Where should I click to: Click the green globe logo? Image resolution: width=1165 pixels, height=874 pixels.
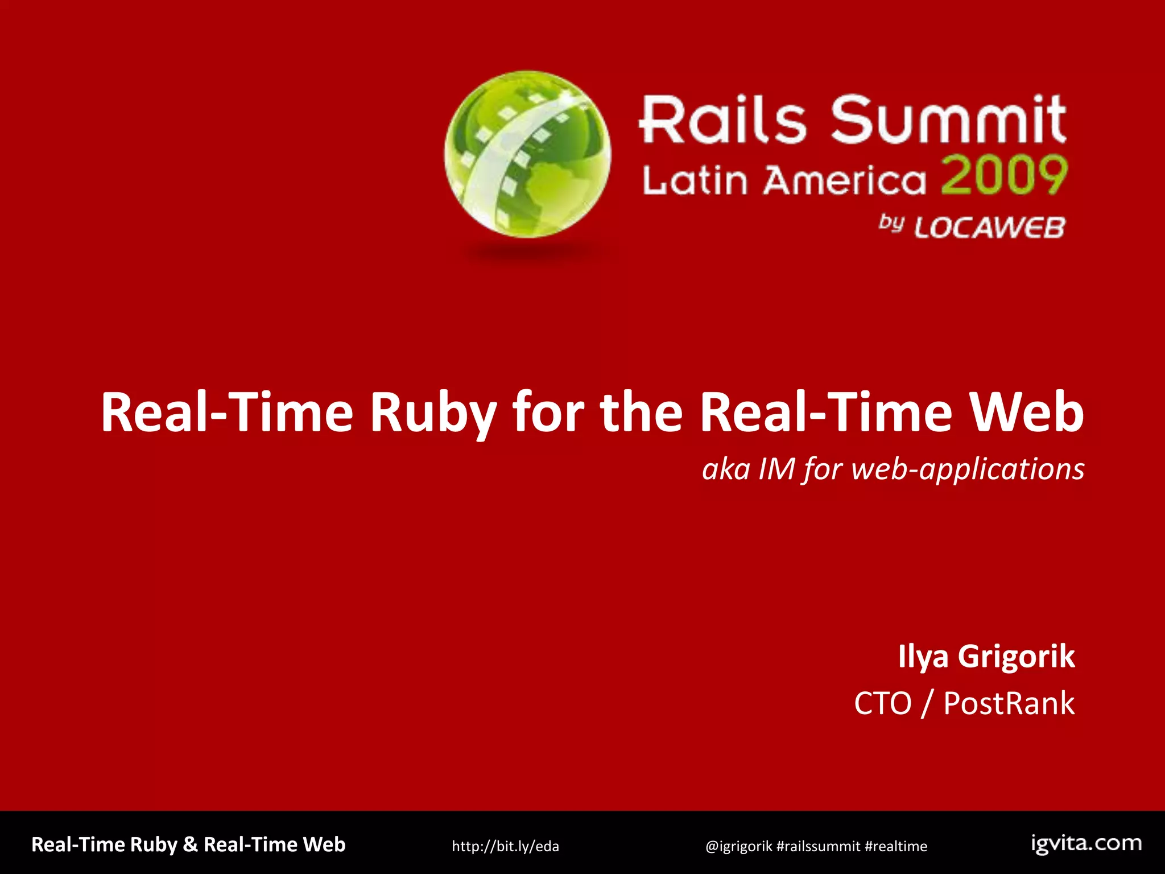coord(528,155)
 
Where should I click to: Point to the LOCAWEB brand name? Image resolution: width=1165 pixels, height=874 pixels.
coord(989,228)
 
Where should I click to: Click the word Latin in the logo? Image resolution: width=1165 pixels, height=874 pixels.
coord(695,181)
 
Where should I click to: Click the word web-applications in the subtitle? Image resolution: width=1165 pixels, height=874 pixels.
coord(968,470)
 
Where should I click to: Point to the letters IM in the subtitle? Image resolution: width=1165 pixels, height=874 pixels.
coord(776,470)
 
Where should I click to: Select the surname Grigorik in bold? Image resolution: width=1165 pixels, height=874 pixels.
coord(1017,657)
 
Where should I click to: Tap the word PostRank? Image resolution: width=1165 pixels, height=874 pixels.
coord(1009,703)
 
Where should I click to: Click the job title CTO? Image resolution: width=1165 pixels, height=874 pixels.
coord(882,703)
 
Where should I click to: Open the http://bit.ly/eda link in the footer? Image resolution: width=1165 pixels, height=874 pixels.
coord(505,846)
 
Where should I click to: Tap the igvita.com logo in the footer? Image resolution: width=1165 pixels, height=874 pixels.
coord(1086,844)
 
